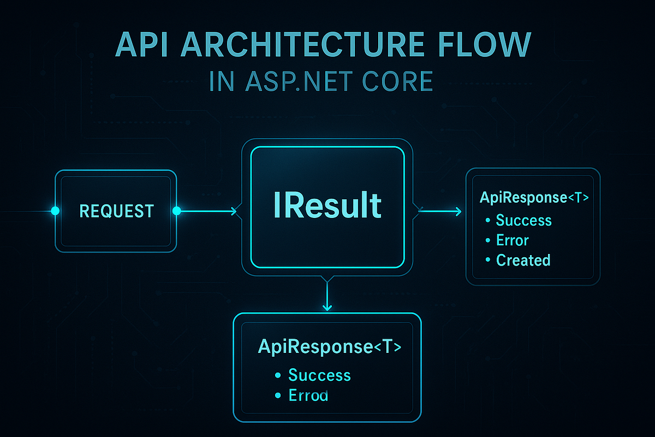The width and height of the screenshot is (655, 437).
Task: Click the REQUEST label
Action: [116, 211]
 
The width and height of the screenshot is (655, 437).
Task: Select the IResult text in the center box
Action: [327, 206]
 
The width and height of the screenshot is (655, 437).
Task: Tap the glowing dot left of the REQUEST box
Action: [55, 211]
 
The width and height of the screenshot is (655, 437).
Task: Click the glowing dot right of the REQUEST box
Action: [176, 211]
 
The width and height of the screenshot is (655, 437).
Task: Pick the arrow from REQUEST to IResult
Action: [207, 211]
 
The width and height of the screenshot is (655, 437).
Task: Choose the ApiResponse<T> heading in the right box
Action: [534, 197]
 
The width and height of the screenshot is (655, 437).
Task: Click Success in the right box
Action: [523, 221]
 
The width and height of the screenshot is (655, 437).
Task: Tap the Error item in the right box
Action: [513, 240]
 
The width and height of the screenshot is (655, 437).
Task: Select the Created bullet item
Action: [523, 261]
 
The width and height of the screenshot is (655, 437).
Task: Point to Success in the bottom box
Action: [319, 375]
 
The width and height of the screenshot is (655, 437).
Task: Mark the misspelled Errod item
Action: [308, 395]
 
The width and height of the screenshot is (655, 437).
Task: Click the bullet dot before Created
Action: [487, 261]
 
